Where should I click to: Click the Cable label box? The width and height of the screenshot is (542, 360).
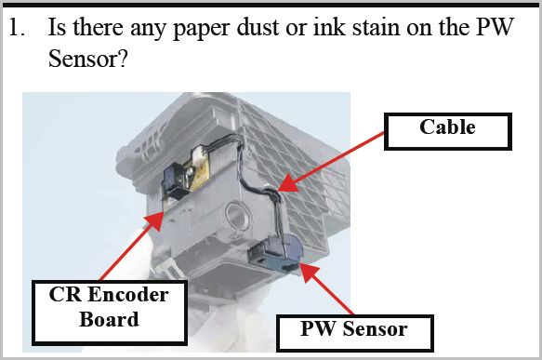tap(447, 131)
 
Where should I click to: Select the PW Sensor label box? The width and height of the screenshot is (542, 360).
tap(354, 333)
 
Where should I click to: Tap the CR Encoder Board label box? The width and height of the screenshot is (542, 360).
tap(110, 313)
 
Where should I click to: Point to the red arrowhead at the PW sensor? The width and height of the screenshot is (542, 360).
tap(309, 273)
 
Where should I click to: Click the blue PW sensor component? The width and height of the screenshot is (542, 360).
tap(275, 253)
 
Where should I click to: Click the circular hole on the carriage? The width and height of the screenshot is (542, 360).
tap(235, 214)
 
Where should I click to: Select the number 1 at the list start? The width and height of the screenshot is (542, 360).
tap(16, 27)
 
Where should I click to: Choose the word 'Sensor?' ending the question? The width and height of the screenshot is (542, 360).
tap(88, 59)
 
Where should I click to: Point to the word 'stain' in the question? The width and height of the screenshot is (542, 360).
tap(376, 27)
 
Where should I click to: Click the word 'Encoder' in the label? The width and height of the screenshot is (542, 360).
tap(128, 295)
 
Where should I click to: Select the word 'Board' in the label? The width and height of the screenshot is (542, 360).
tap(109, 319)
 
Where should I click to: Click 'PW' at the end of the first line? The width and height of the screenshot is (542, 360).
tap(495, 27)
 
